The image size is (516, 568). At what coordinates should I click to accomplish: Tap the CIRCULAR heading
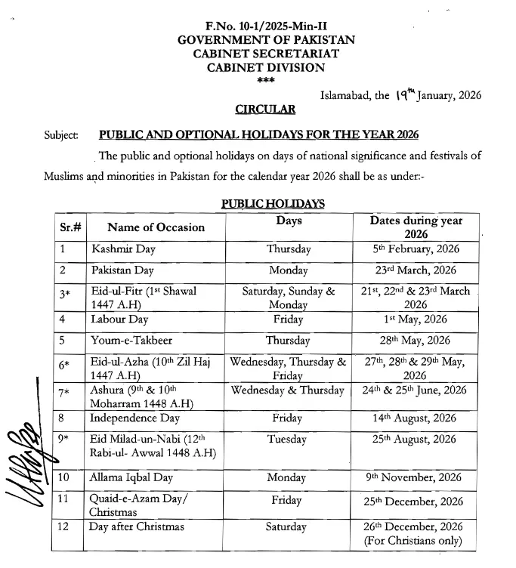pyautogui.click(x=265, y=110)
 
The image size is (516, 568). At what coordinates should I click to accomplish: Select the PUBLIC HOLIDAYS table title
pyautogui.click(x=273, y=204)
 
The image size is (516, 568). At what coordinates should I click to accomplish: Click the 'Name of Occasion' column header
pyautogui.click(x=156, y=227)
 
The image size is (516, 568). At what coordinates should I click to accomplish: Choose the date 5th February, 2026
pyautogui.click(x=416, y=248)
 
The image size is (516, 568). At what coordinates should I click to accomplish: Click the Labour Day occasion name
pyautogui.click(x=119, y=319)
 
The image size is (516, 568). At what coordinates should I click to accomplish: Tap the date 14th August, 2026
pyautogui.click(x=416, y=418)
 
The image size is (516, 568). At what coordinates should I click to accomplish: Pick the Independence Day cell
pyautogui.click(x=134, y=418)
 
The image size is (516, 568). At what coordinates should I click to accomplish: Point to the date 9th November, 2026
pyautogui.click(x=416, y=478)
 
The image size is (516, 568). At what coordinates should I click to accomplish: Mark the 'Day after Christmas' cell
pyautogui.click(x=136, y=526)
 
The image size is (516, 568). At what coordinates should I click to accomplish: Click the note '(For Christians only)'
pyautogui.click(x=416, y=541)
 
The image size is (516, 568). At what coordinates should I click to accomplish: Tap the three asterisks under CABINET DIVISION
pyautogui.click(x=266, y=80)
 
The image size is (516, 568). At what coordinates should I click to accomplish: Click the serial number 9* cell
pyautogui.click(x=66, y=440)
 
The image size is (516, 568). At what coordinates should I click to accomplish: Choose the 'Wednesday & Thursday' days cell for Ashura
pyautogui.click(x=289, y=391)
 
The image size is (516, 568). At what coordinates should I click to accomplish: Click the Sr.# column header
pyautogui.click(x=70, y=227)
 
